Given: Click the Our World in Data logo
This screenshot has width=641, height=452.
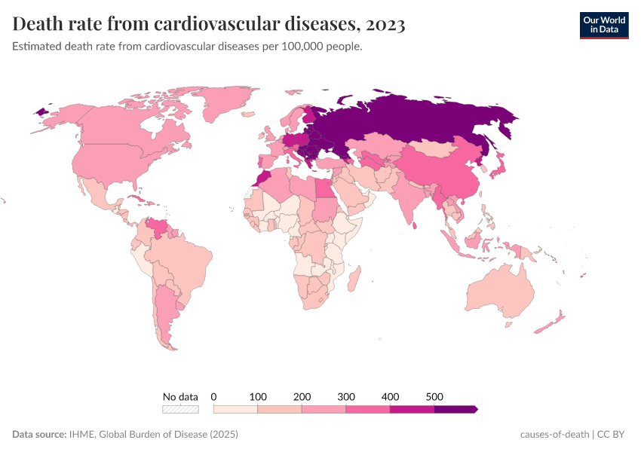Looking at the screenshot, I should coord(604,25).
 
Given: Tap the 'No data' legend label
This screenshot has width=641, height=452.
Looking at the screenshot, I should coord(181,396).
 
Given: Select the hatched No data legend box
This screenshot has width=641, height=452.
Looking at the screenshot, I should coord(181,409).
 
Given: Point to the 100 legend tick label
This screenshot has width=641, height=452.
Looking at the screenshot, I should coord(258,396).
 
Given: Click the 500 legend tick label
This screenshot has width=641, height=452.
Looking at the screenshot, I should coord(434,396).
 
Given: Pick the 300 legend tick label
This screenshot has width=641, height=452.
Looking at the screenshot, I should coord(346,396).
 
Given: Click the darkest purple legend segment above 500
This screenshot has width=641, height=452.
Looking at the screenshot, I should coord(455,409).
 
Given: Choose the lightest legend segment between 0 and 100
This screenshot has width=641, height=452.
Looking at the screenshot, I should coord(236,409).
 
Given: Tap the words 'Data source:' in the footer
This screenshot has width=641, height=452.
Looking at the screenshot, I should coord(38,435).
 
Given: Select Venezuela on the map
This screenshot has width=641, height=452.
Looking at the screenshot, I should coord(159,226).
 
